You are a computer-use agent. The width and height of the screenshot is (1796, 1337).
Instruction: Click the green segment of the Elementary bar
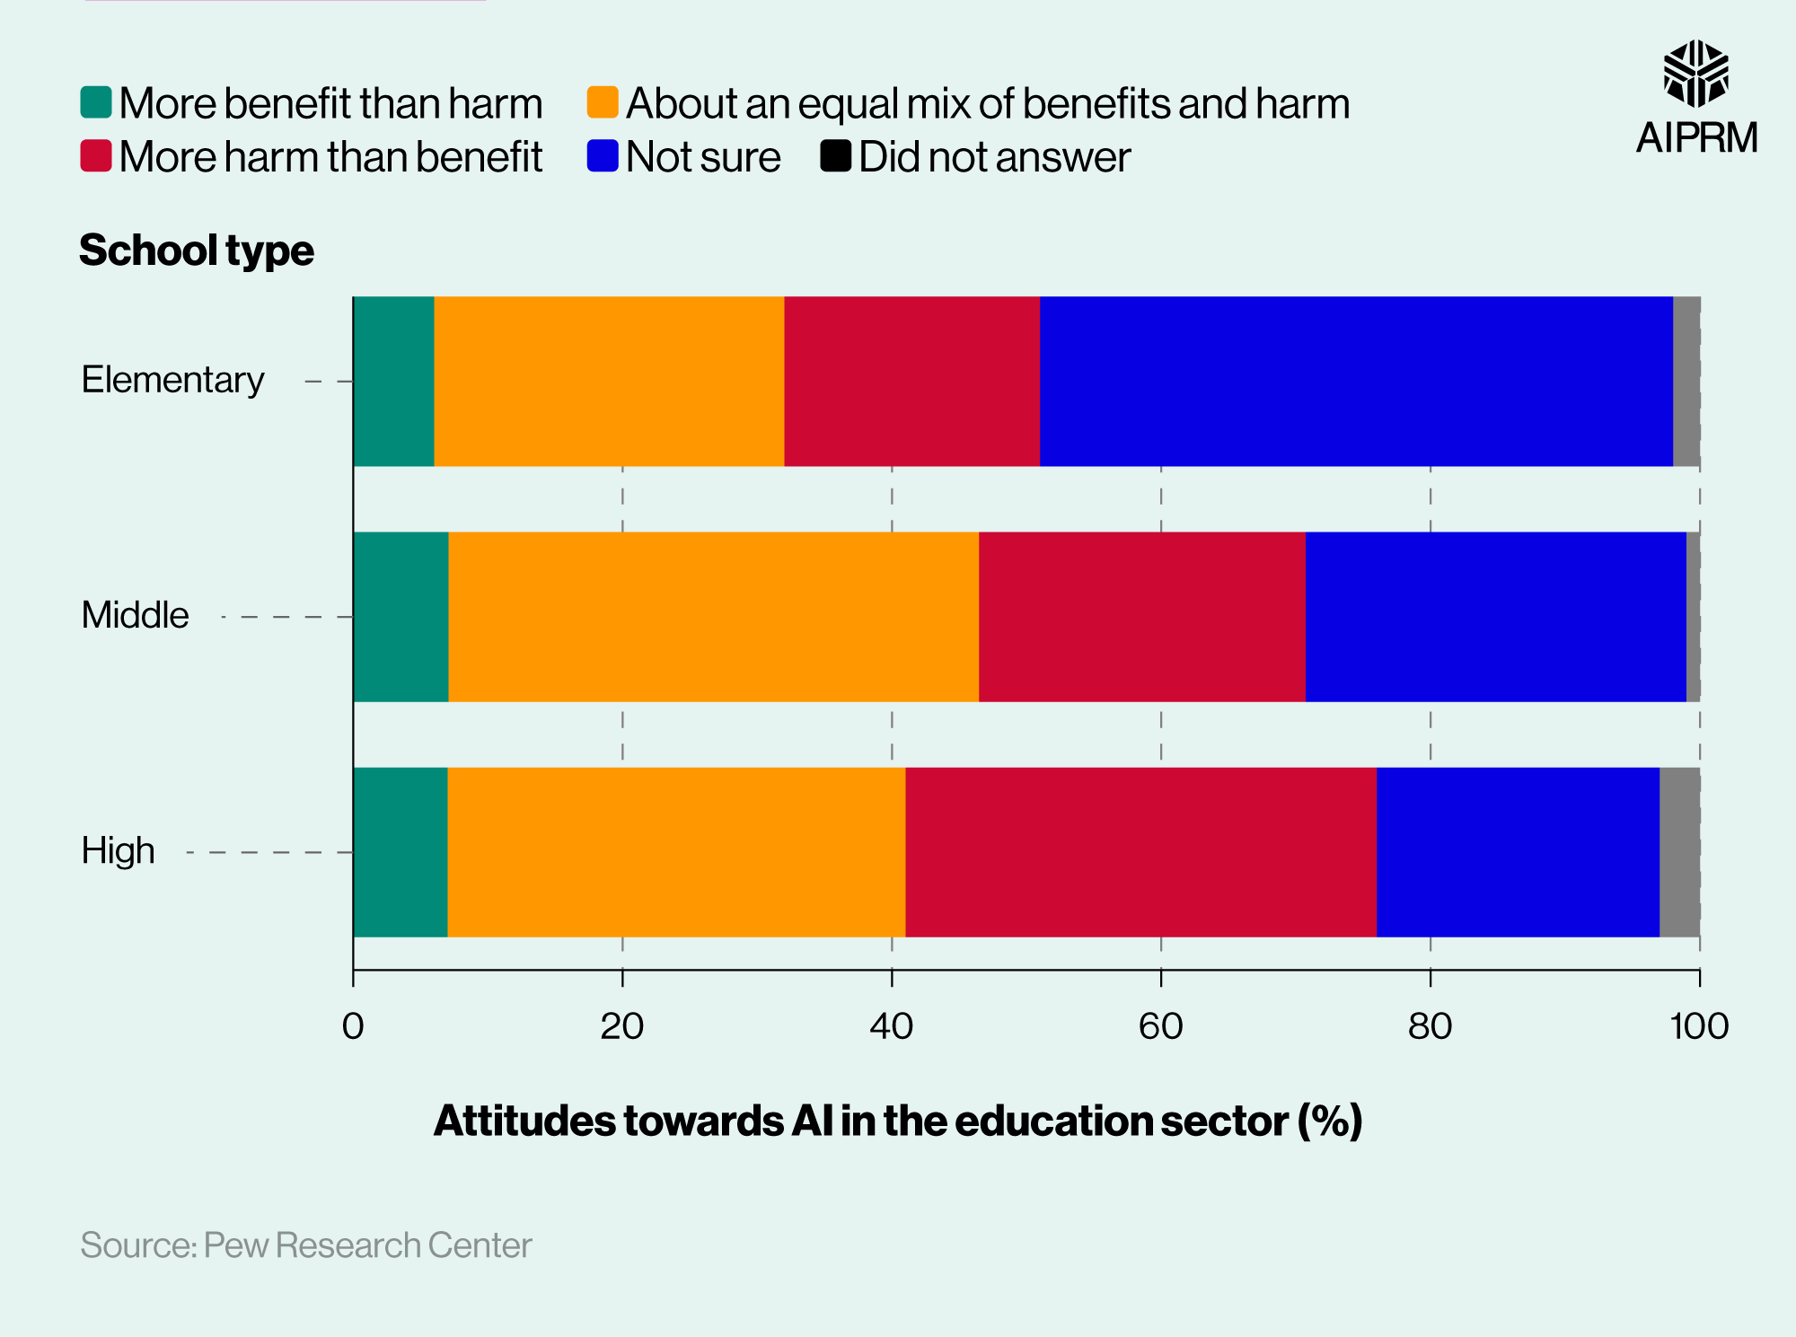click(x=393, y=382)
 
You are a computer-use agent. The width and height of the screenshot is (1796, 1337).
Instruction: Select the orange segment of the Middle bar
click(x=713, y=617)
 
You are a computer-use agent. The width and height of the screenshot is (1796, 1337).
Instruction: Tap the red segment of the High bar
click(x=1140, y=852)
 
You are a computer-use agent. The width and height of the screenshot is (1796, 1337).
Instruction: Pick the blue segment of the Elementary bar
click(x=1356, y=382)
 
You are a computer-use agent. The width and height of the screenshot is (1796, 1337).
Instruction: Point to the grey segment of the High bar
click(x=1679, y=852)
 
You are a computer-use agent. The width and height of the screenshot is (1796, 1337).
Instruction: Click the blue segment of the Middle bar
click(x=1495, y=617)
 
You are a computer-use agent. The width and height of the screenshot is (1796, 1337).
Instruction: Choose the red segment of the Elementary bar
click(x=911, y=382)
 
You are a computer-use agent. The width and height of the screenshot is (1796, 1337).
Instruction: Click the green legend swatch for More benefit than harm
click(x=96, y=102)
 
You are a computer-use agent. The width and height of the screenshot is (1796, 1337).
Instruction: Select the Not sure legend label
click(x=703, y=157)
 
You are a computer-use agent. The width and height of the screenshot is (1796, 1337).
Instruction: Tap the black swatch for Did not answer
click(x=835, y=156)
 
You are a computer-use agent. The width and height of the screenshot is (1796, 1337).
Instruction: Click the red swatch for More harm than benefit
click(x=96, y=156)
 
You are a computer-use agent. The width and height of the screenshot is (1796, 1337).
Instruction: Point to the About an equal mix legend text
click(x=988, y=103)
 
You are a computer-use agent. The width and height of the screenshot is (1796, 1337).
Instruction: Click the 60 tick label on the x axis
click(x=1160, y=1026)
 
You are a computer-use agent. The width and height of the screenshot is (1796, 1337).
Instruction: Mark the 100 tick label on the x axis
click(x=1698, y=1026)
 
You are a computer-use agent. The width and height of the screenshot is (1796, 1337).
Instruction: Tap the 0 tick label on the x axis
click(x=353, y=1026)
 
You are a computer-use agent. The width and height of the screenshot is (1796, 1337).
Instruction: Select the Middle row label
click(x=135, y=616)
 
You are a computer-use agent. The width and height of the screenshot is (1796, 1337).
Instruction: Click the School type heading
click(x=197, y=251)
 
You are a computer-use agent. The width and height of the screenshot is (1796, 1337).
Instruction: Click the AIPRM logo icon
click(x=1695, y=74)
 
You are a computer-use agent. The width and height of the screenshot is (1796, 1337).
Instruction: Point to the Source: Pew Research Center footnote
click(x=305, y=1245)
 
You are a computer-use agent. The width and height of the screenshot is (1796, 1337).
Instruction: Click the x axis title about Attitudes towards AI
click(x=898, y=1121)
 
